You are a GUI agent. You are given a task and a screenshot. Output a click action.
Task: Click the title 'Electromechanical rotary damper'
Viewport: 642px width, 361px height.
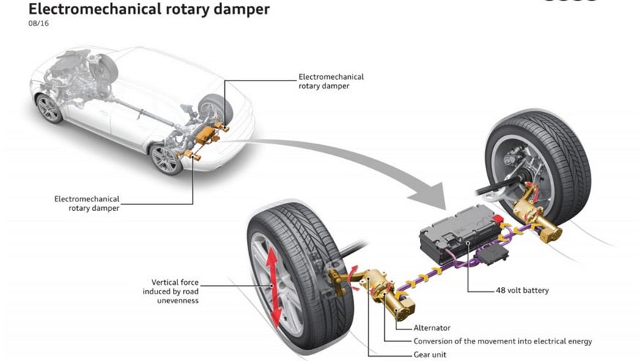coord(139,10)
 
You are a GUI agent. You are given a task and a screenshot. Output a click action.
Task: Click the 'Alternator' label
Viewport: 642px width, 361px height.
coord(433,328)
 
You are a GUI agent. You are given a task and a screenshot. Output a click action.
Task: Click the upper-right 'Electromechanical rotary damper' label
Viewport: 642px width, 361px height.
coord(331,81)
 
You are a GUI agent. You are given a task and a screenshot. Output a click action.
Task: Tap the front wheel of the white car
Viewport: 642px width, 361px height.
coord(49,108)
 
